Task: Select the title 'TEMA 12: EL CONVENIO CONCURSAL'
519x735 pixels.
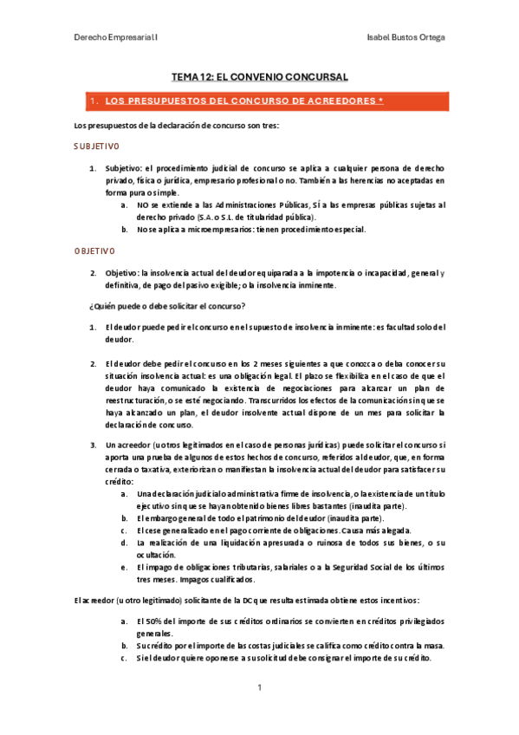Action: pos(259,77)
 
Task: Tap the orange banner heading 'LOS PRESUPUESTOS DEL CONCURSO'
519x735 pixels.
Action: pos(243,101)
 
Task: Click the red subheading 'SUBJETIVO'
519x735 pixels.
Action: pos(97,146)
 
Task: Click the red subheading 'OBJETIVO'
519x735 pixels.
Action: pos(94,250)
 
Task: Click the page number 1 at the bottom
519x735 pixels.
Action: pos(259,686)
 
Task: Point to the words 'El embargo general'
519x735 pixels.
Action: pos(173,517)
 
